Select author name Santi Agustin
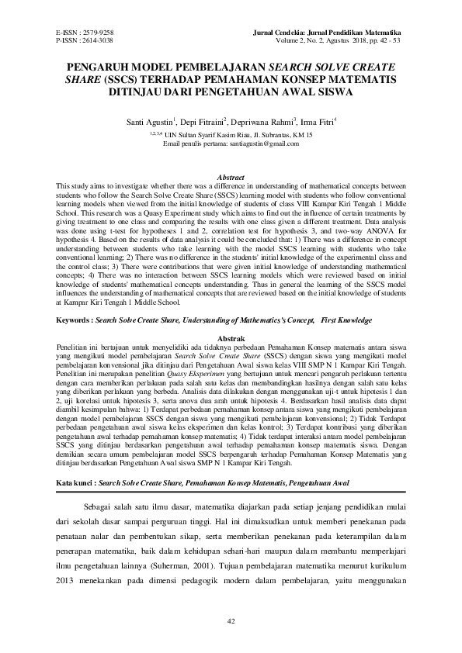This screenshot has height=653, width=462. tap(150, 123)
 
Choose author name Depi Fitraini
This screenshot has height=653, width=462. tap(203, 123)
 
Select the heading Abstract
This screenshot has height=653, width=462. tap(231, 178)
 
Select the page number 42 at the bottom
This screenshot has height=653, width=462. tap(231, 621)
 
